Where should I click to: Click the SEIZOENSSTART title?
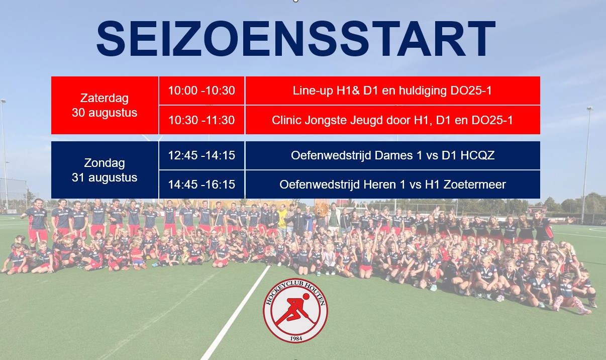tap(296, 38)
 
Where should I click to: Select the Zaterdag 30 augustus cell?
tap(105, 105)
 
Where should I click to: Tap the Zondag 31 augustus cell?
tap(105, 170)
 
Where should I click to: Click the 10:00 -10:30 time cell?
tap(201, 91)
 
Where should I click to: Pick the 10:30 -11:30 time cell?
tap(201, 120)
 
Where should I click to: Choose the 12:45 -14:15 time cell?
tap(201, 155)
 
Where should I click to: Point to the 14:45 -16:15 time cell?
tap(201, 185)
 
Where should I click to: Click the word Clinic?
tap(287, 120)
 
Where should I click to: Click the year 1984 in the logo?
tap(295, 338)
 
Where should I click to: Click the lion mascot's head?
tap(321, 209)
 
